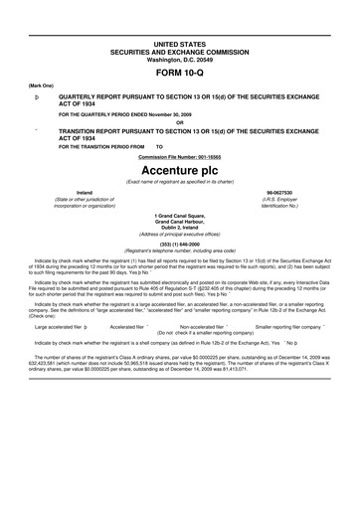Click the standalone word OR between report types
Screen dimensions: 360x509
tap(179, 122)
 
